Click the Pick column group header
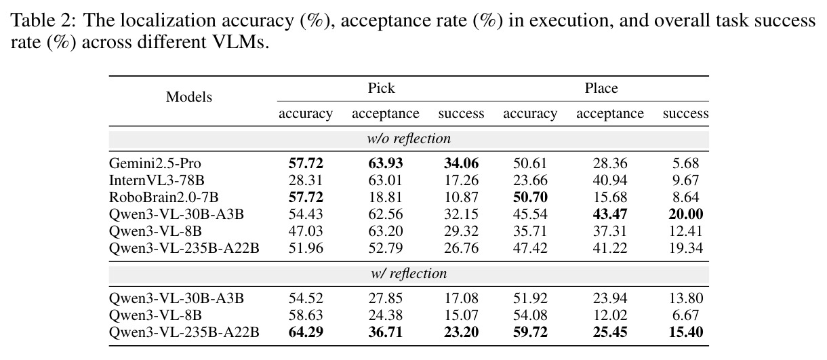[381, 88]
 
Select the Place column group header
[601, 88]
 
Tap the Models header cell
[188, 97]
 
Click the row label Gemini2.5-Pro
[155, 163]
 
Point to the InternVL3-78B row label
[157, 180]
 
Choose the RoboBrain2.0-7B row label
[163, 197]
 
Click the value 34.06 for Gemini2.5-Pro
[461, 163]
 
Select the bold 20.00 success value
[685, 214]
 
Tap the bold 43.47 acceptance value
[610, 214]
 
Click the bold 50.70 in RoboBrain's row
[530, 197]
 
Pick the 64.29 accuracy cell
[306, 332]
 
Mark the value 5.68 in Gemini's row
[685, 163]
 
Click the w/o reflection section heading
[409, 139]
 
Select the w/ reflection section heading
[409, 274]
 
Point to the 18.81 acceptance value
[386, 197]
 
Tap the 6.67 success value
[685, 315]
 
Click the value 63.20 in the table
[386, 231]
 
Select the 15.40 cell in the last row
[685, 332]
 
